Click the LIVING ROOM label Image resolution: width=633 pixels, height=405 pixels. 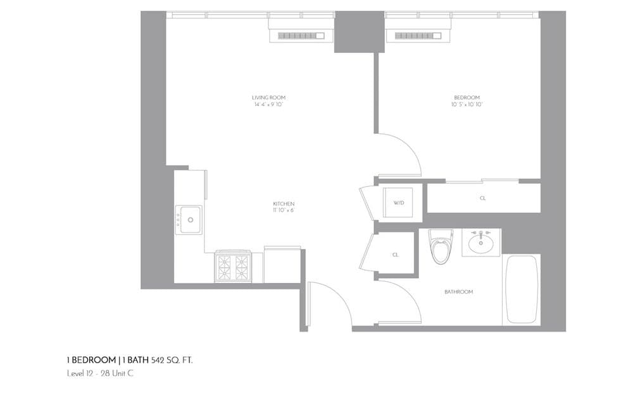269,98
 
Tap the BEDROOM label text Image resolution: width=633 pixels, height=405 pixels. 467,98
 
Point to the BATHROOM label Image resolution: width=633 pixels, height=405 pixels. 458,292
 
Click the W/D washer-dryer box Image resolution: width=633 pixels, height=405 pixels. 399,203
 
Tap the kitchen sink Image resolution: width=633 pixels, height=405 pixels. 189,219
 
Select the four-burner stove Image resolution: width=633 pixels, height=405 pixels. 232,267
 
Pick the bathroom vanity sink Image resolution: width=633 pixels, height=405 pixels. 481,243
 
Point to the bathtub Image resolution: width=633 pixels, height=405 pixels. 522,289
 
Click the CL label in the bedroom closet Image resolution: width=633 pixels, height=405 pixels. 483,198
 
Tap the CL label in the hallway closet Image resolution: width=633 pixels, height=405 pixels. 396,255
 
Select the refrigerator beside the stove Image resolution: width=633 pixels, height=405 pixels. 282,265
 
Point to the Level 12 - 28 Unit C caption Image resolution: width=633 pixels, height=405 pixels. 100,373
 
